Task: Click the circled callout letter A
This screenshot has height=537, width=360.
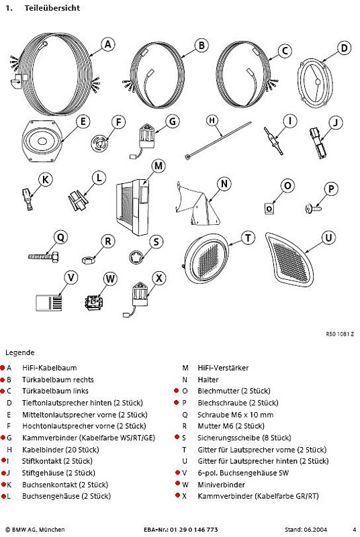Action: click(107, 44)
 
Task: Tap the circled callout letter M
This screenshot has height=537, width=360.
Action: click(159, 166)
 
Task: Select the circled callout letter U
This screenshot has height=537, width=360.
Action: click(328, 238)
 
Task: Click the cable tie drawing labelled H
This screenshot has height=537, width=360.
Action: click(218, 140)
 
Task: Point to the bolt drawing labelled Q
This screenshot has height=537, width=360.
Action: click(44, 256)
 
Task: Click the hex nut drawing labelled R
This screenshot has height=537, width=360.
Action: click(88, 260)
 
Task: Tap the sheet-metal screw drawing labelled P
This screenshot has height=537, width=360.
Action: click(313, 208)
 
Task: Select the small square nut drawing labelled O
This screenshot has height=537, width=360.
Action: click(269, 208)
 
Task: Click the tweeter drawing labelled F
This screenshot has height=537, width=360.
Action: click(100, 142)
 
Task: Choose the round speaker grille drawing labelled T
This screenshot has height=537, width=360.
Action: click(206, 259)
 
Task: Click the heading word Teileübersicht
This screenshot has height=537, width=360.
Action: click(52, 8)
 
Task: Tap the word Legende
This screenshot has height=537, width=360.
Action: click(20, 353)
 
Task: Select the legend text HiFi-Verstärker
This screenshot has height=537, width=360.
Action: click(223, 368)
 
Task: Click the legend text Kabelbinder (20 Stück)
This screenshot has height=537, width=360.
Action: click(60, 450)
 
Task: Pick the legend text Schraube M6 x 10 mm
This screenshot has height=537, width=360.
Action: click(235, 415)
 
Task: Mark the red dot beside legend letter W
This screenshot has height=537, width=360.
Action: click(177, 483)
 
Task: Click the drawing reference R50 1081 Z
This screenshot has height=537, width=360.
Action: click(340, 334)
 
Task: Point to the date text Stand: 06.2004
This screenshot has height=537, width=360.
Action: click(306, 530)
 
